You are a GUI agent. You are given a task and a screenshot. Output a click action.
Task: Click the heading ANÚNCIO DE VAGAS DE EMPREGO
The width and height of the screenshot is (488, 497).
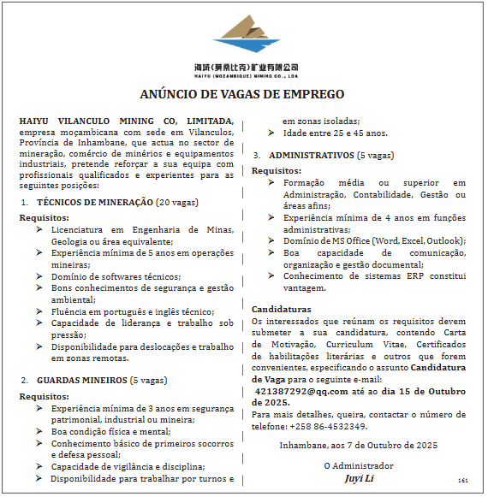point(242,94)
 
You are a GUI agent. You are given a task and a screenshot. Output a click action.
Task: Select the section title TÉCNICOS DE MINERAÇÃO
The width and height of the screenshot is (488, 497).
point(95,202)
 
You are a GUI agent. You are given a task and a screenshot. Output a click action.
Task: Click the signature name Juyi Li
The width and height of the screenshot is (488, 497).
point(358,477)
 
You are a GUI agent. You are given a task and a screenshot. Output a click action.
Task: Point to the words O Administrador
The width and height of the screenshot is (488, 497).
point(358,465)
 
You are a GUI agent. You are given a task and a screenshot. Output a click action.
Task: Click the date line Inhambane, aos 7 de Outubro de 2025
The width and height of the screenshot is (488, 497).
point(358,445)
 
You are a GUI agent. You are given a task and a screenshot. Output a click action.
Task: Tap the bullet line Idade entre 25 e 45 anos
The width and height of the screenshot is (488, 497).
point(335,133)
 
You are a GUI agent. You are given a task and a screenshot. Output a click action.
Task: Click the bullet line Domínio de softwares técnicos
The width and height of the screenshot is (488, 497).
point(116,276)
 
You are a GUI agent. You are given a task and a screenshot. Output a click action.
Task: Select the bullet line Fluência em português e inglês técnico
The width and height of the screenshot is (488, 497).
point(132,311)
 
